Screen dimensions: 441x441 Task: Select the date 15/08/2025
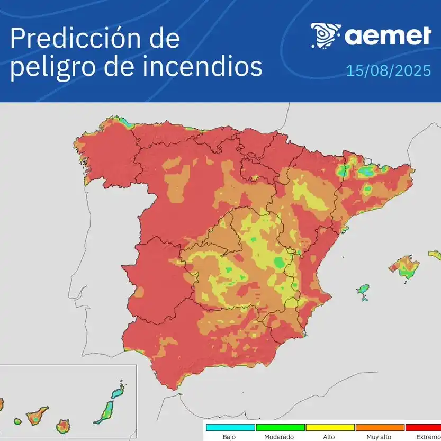pyautogui.click(x=389, y=71)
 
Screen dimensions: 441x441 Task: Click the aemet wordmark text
pyautogui.click(x=388, y=36)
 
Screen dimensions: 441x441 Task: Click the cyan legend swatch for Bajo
pyautogui.click(x=230, y=427)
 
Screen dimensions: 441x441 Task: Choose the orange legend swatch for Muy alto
pyautogui.click(x=380, y=427)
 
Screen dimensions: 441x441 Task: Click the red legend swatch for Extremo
pyautogui.click(x=423, y=427)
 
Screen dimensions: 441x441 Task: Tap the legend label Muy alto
pyautogui.click(x=380, y=437)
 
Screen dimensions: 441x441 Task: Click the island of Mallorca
pyautogui.click(x=404, y=267)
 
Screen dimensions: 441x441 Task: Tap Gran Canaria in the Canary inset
pyautogui.click(x=63, y=425)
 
